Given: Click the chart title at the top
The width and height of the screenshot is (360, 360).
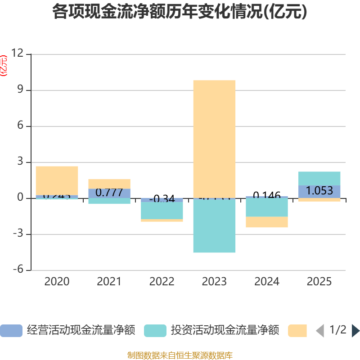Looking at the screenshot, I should tap(180, 12).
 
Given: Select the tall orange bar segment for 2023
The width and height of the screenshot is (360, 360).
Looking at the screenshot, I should tap(214, 139).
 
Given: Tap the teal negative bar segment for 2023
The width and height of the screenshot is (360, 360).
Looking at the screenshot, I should tap(214, 226).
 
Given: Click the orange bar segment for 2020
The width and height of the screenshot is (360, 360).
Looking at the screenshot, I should tap(57, 180).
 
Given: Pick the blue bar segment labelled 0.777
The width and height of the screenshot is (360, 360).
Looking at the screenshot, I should tap(109, 193).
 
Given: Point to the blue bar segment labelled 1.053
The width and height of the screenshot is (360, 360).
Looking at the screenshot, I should tap(319, 191).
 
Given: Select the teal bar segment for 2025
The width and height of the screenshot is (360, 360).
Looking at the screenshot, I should tap(319, 178).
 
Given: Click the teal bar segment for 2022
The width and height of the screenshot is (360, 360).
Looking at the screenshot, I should tap(162, 211).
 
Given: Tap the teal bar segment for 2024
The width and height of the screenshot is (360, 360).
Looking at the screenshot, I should tap(267, 207).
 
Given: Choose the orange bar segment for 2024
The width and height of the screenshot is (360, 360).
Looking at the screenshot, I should tap(267, 222).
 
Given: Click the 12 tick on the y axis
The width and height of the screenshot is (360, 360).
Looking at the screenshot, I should tap(18, 54).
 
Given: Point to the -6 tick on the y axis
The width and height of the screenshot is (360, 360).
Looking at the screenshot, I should tap(18, 270).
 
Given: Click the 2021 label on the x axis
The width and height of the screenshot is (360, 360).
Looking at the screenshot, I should tap(109, 282).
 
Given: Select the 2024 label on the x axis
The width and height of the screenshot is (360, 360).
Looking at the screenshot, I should tap(267, 282).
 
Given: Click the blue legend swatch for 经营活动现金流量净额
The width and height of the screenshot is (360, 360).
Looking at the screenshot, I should tap(11, 331).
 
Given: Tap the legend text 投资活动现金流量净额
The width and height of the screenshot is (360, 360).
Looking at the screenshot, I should tap(225, 331).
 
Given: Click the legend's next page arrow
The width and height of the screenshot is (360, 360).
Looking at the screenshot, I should tap(355, 331).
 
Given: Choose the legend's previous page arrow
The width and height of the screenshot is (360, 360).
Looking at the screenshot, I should tap(320, 331).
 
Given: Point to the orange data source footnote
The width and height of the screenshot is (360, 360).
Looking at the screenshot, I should tap(180, 355).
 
